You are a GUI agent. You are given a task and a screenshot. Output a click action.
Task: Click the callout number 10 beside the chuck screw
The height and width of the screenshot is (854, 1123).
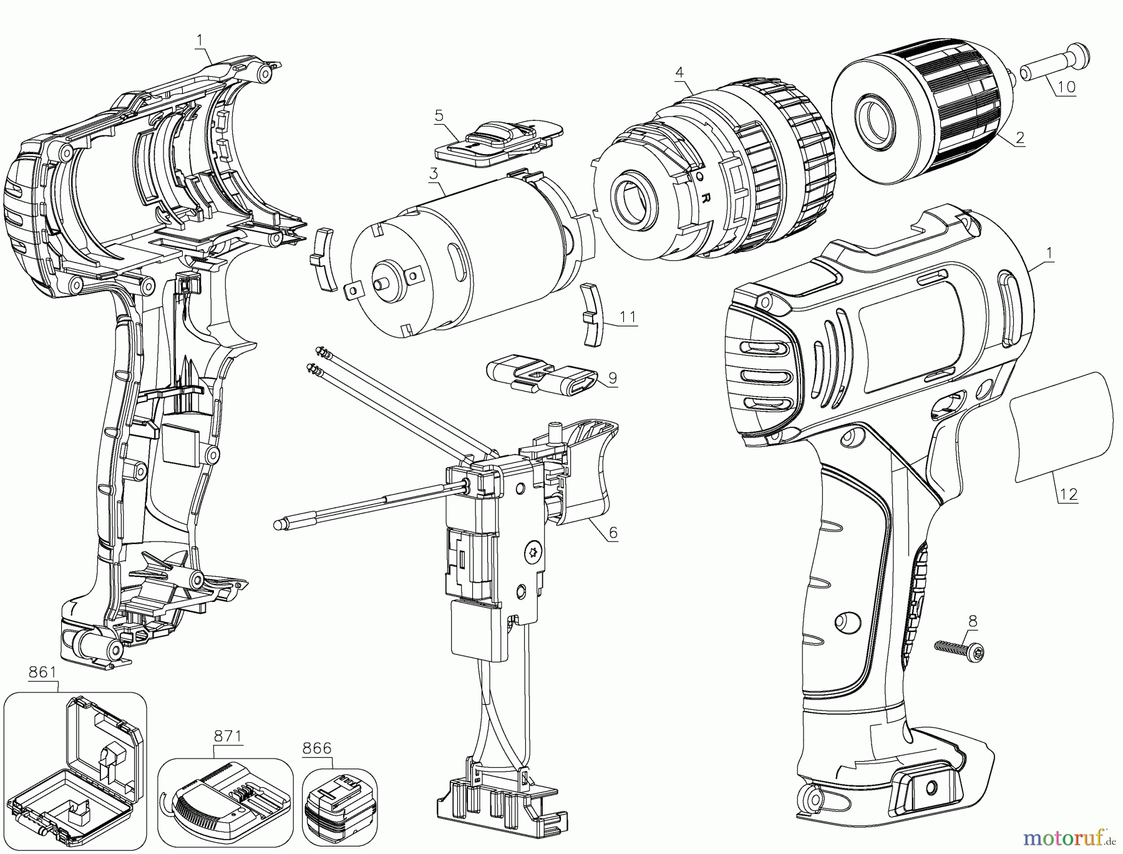1067,87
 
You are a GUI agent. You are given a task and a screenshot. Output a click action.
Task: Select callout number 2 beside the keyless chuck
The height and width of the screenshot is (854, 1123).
1019,138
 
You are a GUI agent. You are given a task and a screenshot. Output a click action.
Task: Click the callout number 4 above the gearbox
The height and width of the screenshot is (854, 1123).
679,73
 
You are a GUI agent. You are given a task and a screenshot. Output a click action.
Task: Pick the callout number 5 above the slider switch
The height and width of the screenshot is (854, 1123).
439,115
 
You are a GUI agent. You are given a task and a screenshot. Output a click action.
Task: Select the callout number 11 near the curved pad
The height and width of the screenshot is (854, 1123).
627,316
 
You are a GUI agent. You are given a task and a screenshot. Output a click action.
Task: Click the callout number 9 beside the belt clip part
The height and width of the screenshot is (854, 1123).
612,377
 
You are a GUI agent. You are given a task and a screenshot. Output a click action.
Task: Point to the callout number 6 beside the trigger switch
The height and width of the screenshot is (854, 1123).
613,532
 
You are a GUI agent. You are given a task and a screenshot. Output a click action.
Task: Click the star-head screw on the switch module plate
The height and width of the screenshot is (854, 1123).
533,551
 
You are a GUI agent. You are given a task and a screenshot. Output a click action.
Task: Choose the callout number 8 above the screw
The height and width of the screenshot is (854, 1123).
973,621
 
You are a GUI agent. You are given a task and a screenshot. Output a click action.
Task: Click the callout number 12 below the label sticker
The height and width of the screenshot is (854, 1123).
1068,494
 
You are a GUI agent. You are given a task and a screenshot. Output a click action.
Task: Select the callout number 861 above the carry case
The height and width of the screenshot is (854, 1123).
42,672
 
